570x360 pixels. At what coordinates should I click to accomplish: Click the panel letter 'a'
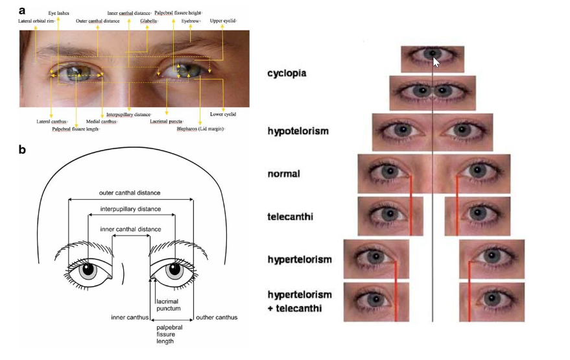click(x=22, y=10)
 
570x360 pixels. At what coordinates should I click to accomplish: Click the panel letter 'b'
click(x=22, y=150)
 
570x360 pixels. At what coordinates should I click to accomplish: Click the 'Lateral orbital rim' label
click(x=36, y=21)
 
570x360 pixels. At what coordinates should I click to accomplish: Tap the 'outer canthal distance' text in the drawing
click(x=130, y=193)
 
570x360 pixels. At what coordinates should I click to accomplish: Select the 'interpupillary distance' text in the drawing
click(x=130, y=210)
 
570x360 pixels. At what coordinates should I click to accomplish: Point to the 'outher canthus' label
click(x=217, y=317)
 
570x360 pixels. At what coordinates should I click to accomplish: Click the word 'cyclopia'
click(x=287, y=73)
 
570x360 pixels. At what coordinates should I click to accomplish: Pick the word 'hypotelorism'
click(x=298, y=131)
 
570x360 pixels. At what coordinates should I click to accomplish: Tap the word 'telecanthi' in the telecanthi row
click(x=290, y=216)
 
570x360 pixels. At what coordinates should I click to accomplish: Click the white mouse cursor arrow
click(x=436, y=62)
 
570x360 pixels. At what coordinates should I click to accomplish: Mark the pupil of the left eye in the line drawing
click(x=87, y=269)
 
